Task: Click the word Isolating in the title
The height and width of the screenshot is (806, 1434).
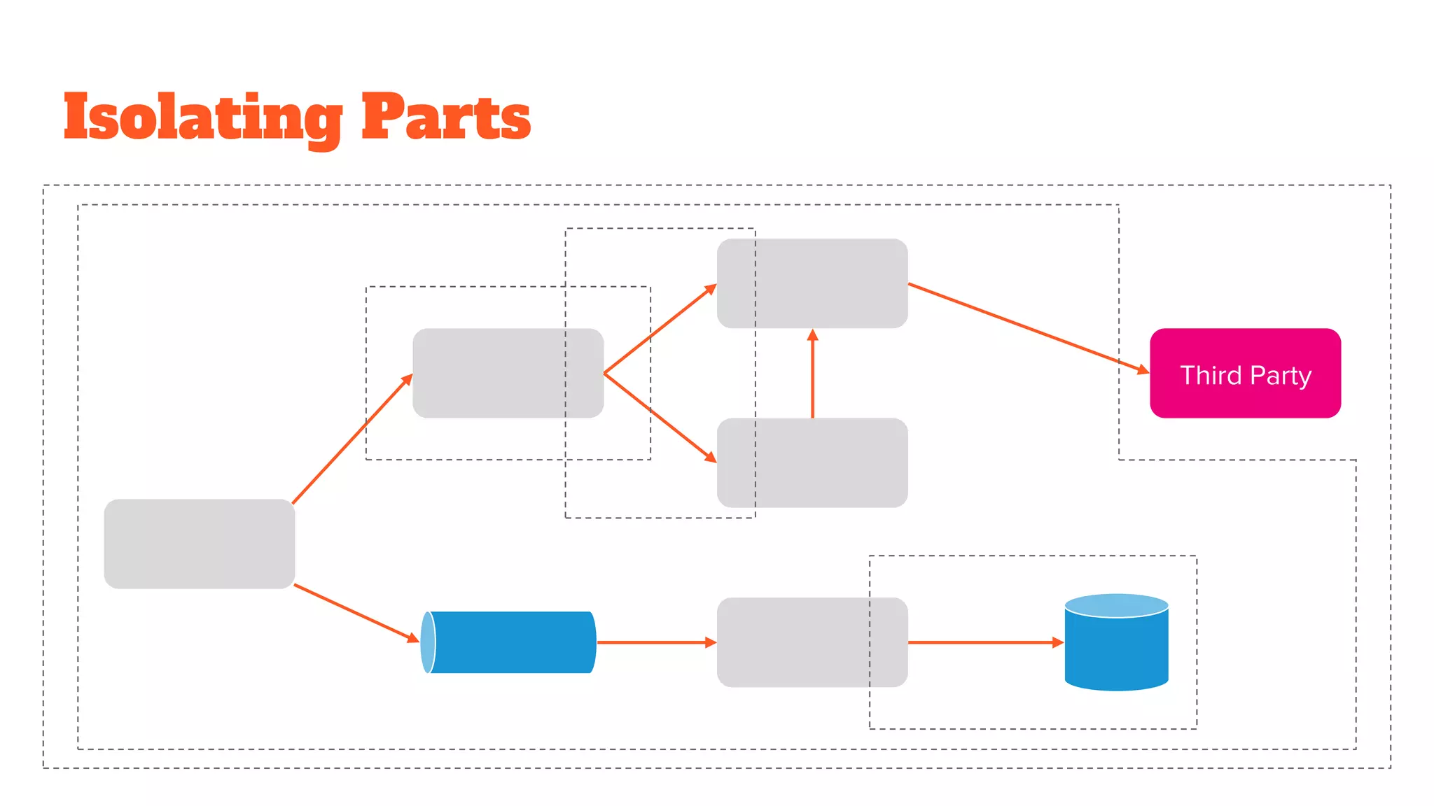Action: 203,117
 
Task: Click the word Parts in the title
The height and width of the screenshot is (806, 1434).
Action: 445,117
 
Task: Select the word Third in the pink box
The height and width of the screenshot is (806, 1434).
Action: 1211,376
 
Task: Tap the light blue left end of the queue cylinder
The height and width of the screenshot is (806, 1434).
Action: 427,642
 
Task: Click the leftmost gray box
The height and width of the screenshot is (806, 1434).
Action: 200,544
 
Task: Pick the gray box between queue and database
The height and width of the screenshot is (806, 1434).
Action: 812,642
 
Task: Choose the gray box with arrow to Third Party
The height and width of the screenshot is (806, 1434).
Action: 812,283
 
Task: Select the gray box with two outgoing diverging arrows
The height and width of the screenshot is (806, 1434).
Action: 508,373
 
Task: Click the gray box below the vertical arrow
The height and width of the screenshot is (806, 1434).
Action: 812,462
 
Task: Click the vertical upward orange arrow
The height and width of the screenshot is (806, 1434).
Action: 812,374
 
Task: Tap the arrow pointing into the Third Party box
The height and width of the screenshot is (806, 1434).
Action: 1029,327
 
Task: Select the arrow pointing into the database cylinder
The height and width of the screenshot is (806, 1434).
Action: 984,642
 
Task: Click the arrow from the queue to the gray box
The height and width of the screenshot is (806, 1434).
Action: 655,642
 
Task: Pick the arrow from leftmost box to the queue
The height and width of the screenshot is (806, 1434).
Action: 356,613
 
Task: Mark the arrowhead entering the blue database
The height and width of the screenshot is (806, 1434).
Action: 1058,642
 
